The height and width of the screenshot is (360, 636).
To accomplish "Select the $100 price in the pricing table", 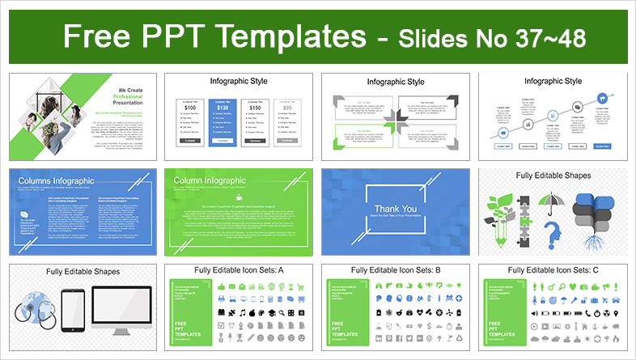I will point(190,107).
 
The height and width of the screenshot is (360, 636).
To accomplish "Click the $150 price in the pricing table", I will point(254,107).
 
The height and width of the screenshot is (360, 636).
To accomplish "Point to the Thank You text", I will point(396,209).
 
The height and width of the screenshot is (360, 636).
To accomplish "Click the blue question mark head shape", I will point(553,237).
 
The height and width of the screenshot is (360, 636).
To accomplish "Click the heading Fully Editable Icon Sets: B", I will point(396,270).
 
